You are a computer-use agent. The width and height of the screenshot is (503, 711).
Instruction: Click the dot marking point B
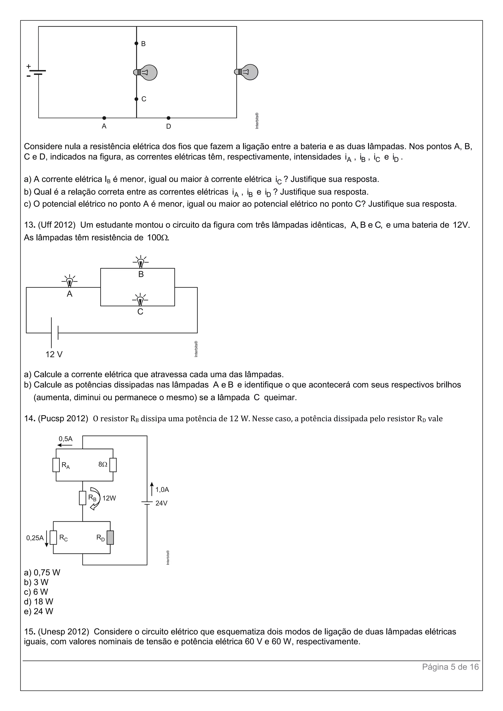[136, 43]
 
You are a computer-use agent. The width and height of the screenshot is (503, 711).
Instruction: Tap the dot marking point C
[136, 99]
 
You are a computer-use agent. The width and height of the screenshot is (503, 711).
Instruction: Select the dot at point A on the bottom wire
[104, 118]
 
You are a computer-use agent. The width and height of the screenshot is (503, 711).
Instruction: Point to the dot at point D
[168, 118]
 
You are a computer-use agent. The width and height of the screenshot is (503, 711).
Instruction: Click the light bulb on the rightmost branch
[247, 72]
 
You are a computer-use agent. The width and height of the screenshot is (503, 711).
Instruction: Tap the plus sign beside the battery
[28, 66]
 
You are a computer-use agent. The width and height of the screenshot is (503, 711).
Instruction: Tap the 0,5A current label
[66, 439]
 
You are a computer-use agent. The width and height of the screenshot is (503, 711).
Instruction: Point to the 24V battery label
[161, 503]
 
